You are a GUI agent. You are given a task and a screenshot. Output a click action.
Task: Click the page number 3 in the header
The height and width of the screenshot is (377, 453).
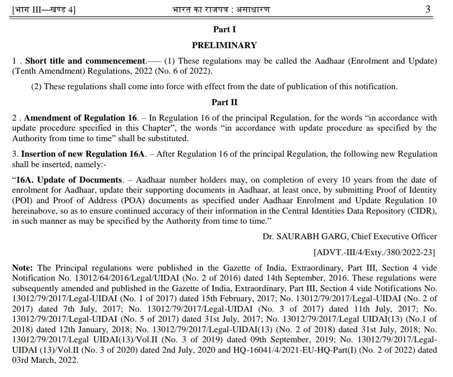click(427, 8)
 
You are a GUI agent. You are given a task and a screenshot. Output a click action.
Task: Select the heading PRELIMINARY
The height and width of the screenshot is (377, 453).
click(224, 45)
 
